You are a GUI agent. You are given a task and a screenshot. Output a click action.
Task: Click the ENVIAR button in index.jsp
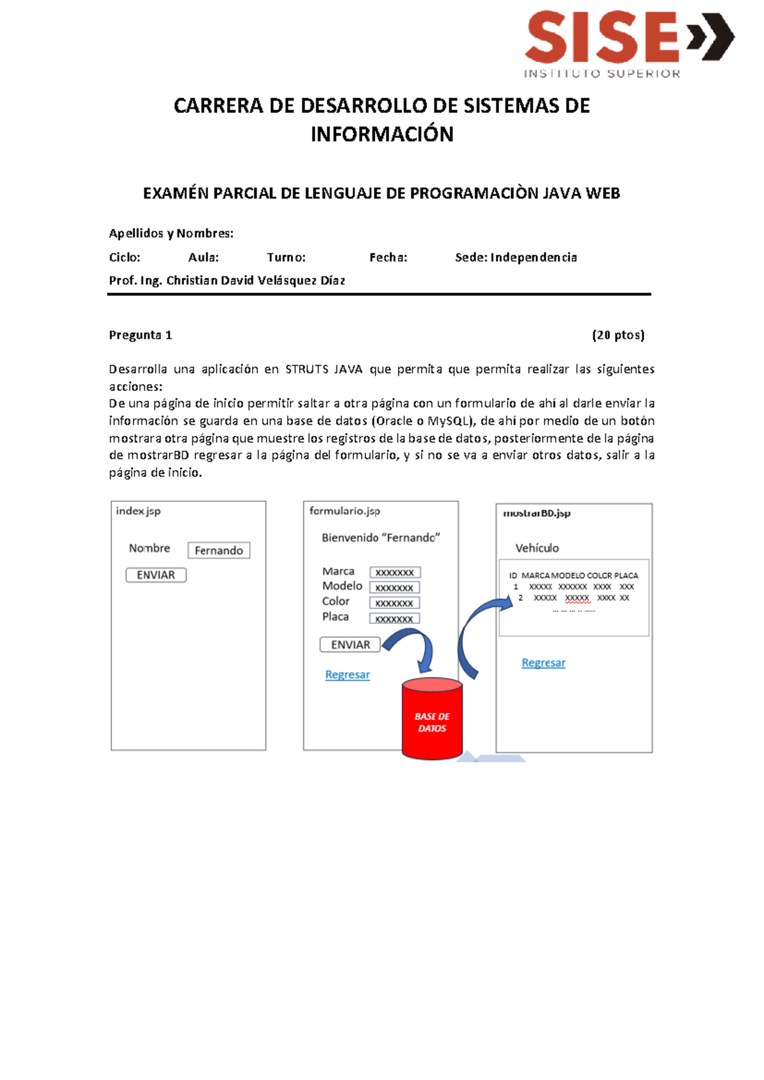click(156, 575)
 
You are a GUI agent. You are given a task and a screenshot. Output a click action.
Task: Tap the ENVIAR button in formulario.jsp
click(350, 644)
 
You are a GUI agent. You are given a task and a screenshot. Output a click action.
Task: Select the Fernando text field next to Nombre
click(219, 550)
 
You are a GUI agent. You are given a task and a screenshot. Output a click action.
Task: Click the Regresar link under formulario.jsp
click(348, 674)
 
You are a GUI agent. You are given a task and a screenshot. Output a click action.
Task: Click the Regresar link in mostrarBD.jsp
click(544, 663)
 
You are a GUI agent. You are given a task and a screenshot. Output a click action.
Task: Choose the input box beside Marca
click(395, 572)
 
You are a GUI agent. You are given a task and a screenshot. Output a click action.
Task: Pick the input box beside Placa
click(395, 618)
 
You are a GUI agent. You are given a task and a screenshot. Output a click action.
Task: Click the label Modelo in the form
click(342, 586)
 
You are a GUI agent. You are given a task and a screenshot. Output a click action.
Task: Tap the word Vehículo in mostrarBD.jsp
click(537, 548)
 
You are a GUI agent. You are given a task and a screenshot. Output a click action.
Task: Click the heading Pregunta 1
click(140, 335)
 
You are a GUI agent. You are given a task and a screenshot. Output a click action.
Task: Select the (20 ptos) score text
click(618, 335)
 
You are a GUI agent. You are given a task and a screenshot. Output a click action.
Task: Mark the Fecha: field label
click(388, 257)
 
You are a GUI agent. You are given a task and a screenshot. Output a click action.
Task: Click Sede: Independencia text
click(516, 257)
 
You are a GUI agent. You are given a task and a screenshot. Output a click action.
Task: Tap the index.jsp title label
click(138, 511)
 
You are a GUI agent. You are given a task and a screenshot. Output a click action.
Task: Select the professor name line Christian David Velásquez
click(227, 281)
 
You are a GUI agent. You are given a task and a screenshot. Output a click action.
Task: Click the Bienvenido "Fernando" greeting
click(381, 537)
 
